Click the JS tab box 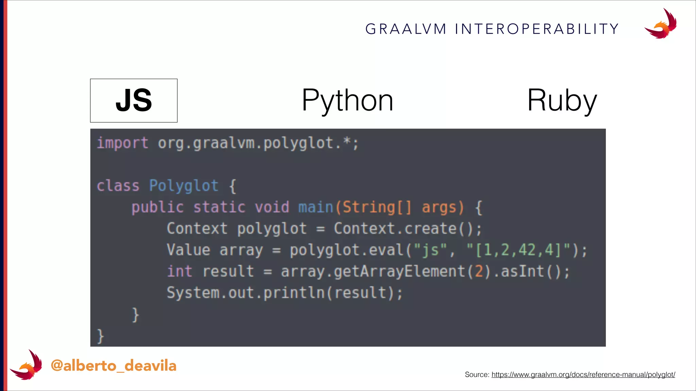pyautogui.click(x=134, y=100)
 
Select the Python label pyautogui.click(x=347, y=100)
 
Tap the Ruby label pyautogui.click(x=562, y=100)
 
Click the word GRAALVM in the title pyautogui.click(x=406, y=29)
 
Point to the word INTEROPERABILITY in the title pyautogui.click(x=537, y=29)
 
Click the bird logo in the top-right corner pyautogui.click(x=661, y=24)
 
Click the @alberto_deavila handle pyautogui.click(x=114, y=366)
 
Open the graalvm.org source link pyautogui.click(x=583, y=375)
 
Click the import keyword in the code pyautogui.click(x=122, y=143)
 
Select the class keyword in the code pyautogui.click(x=118, y=186)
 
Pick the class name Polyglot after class pyautogui.click(x=184, y=186)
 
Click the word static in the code pyautogui.click(x=219, y=207)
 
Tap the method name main pyautogui.click(x=316, y=207)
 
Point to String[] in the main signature pyautogui.click(x=377, y=207)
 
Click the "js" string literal pyautogui.click(x=430, y=250)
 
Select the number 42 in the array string pyautogui.click(x=527, y=250)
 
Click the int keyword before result pyautogui.click(x=179, y=272)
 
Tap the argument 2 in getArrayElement pyautogui.click(x=479, y=272)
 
